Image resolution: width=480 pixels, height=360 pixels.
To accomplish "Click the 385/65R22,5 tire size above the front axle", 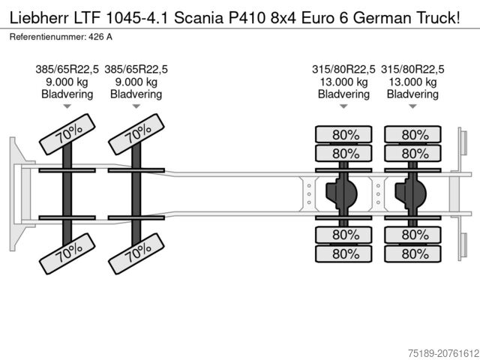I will [x=67, y=70].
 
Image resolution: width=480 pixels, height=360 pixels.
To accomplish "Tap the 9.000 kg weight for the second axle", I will [x=136, y=82].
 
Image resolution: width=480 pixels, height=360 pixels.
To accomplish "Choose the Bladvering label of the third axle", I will [x=343, y=94].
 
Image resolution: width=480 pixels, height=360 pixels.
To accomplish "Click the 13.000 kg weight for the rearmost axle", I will [x=412, y=82].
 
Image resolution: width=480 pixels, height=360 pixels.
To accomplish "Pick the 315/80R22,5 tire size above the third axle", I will [x=343, y=70].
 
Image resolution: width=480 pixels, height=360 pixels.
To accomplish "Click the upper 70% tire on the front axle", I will [x=67, y=136].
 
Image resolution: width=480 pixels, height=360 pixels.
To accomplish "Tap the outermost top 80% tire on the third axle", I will [x=346, y=135].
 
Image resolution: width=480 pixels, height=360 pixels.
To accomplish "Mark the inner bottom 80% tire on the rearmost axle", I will [x=415, y=235].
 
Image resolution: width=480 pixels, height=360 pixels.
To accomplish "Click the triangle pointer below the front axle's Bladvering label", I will [x=67, y=106].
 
